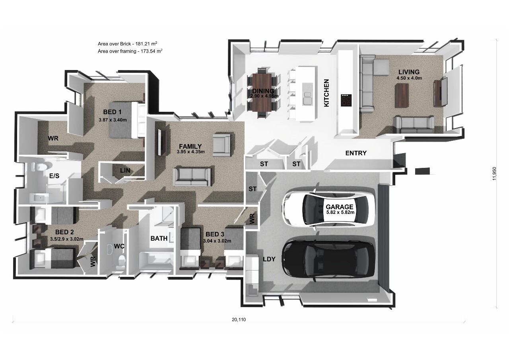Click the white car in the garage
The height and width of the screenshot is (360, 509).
pyautogui.click(x=328, y=208)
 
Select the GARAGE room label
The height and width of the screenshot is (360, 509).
pyautogui.click(x=340, y=207)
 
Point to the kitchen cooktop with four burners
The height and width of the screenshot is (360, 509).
pyautogui.click(x=346, y=100)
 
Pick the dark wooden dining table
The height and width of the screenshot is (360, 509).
pyautogui.click(x=262, y=92)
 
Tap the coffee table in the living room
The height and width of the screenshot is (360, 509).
pyautogui.click(x=402, y=95)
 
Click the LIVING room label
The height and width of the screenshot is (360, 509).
pyautogui.click(x=409, y=72)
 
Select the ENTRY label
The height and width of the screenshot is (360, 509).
pyautogui.click(x=356, y=153)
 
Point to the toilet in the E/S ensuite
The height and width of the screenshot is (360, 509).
pyautogui.click(x=41, y=167)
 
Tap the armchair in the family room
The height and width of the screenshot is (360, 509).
pyautogui.click(x=221, y=145)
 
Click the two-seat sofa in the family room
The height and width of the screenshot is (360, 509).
pyautogui.click(x=192, y=177)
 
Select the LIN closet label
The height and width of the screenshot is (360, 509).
pyautogui.click(x=125, y=170)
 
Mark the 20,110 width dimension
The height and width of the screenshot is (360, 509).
pyautogui.click(x=239, y=319)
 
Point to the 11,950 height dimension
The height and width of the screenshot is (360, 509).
pyautogui.click(x=494, y=174)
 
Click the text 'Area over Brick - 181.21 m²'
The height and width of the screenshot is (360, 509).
pyautogui.click(x=128, y=44)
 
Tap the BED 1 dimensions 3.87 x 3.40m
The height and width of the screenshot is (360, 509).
pyautogui.click(x=113, y=120)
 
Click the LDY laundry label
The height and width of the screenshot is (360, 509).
pyautogui.click(x=269, y=259)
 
